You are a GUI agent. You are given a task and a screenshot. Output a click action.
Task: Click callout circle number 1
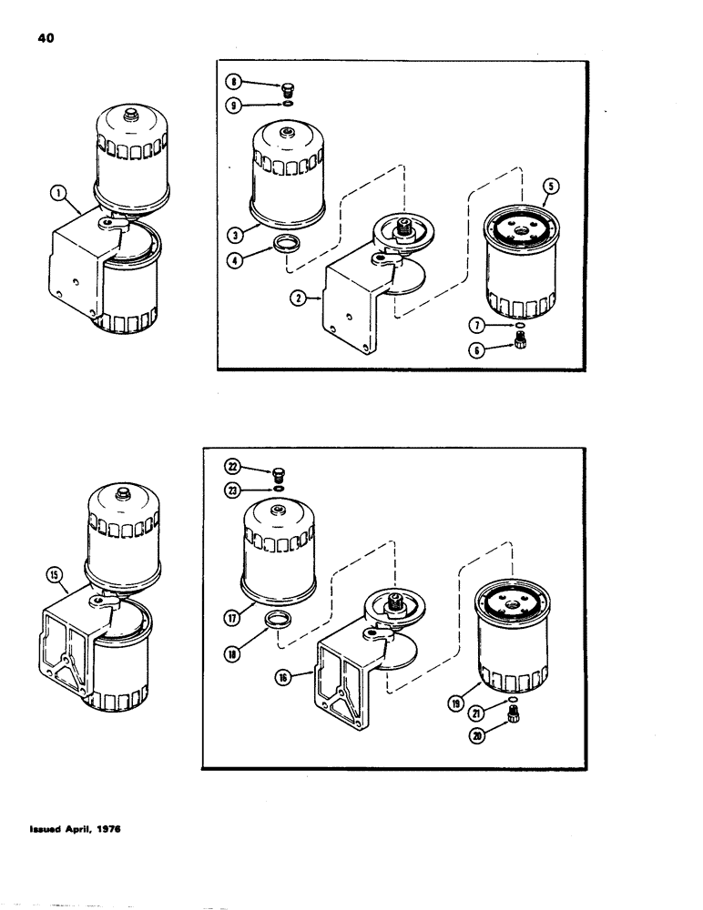[x=57, y=192]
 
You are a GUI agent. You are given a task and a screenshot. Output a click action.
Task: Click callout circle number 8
[x=236, y=87]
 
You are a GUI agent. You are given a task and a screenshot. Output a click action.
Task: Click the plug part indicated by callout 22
[x=279, y=471]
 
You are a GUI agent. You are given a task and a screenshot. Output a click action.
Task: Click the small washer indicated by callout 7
[x=519, y=325]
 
